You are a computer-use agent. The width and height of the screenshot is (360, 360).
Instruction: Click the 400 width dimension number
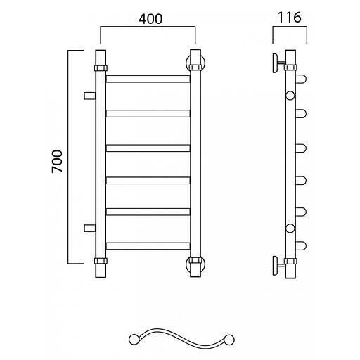pyautogui.click(x=150, y=19)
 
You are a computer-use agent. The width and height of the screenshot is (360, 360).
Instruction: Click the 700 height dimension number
pyautogui.click(x=58, y=161)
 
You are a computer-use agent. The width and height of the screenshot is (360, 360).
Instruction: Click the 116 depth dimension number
pyautogui.click(x=290, y=18)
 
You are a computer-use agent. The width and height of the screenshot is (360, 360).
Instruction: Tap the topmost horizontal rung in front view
pyautogui.click(x=148, y=79)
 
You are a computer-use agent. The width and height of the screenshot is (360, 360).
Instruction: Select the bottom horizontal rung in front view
pyautogui.click(x=148, y=246)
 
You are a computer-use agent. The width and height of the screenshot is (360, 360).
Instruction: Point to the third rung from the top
pyautogui.click(x=148, y=148)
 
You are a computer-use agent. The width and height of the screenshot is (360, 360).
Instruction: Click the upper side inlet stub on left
pyautogui.click(x=89, y=96)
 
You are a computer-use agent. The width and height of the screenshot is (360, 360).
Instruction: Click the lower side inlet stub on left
pyautogui.click(x=89, y=228)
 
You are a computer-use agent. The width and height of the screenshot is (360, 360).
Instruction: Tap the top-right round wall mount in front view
pyautogui.click(x=195, y=63)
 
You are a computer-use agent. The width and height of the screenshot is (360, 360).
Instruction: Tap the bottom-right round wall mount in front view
pyautogui.click(x=195, y=265)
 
